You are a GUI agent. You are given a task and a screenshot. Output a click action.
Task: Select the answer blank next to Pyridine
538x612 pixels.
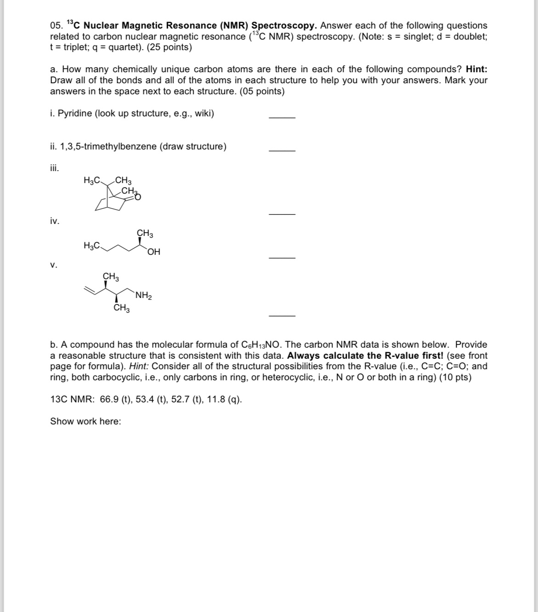point(282,118)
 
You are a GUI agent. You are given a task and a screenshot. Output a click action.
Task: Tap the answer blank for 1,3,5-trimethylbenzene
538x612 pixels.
point(282,150)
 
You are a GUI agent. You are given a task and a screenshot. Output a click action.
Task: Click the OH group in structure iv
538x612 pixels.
point(154,252)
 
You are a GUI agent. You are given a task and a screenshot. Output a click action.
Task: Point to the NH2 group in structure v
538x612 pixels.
point(144,296)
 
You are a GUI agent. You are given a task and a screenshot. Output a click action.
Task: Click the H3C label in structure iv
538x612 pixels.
point(92,246)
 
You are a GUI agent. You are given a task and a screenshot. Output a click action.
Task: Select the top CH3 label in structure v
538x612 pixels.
point(111,277)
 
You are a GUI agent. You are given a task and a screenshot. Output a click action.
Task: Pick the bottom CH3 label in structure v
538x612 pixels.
point(121,308)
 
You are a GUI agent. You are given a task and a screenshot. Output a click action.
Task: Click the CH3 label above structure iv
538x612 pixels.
point(145,234)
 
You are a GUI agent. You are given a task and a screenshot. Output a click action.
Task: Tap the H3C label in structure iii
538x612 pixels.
point(92,180)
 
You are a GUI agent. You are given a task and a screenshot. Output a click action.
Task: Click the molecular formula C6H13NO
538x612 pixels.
point(261,345)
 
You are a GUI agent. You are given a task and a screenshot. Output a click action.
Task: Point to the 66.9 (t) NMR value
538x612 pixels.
point(115,399)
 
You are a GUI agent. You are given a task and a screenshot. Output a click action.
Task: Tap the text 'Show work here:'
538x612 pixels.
point(86,421)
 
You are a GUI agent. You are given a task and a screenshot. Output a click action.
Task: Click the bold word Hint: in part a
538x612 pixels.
point(476,69)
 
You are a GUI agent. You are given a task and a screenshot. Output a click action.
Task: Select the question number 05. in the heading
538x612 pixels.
point(57,26)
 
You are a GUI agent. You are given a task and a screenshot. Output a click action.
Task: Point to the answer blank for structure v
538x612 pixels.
point(282,315)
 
